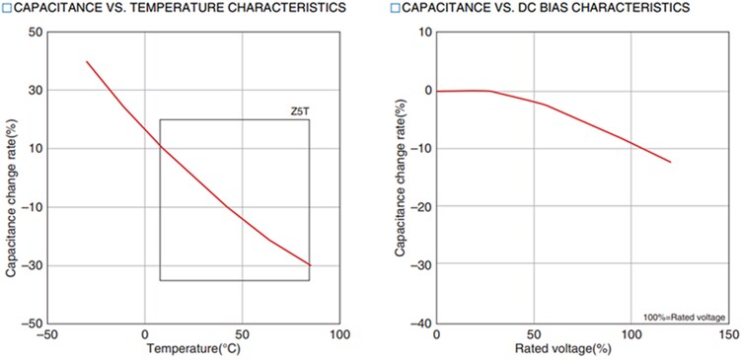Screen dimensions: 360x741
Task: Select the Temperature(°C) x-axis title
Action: [193, 348]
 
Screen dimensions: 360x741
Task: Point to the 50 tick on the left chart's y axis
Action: [35, 32]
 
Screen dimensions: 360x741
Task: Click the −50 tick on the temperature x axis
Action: [46, 335]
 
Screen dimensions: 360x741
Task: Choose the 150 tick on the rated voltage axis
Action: [726, 335]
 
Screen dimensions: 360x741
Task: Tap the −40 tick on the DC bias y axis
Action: [419, 324]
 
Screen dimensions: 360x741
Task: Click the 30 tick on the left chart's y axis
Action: [35, 90]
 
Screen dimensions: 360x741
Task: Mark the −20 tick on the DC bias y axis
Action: [419, 206]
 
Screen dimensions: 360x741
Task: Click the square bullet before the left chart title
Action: [6, 8]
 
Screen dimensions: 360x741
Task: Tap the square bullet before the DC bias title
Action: [394, 8]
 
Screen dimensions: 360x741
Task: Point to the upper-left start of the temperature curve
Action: [87, 61]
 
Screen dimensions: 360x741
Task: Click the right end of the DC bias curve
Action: [671, 162]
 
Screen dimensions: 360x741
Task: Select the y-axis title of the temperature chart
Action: [11, 178]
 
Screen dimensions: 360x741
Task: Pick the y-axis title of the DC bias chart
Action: [401, 178]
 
